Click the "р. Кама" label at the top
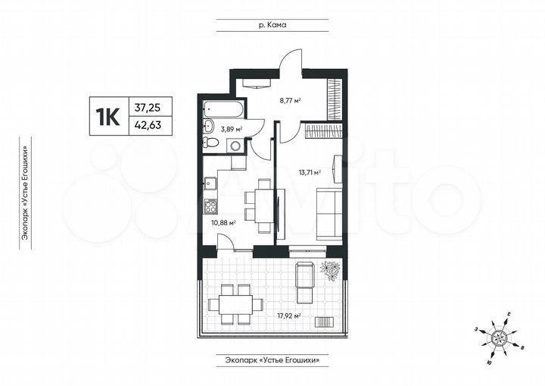(272, 25)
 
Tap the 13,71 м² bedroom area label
(309, 173)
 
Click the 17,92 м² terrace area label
(288, 316)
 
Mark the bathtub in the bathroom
(223, 109)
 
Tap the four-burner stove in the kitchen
(210, 206)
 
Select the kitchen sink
(210, 183)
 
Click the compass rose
(499, 334)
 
